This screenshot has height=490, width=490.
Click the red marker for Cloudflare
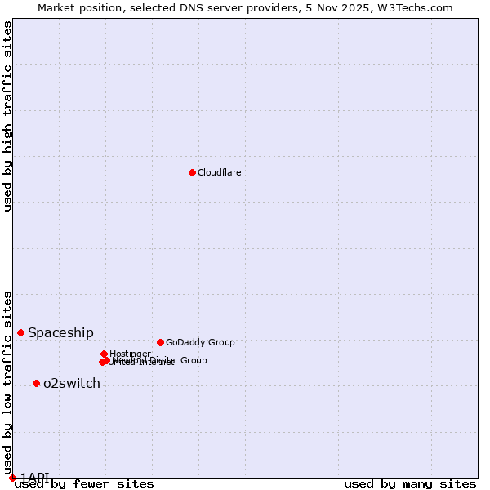pyautogui.click(x=192, y=172)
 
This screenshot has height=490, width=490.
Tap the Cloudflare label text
pyautogui.click(x=219, y=172)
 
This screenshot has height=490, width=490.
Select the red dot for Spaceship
pyautogui.click(x=21, y=332)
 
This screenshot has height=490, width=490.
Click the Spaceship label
pyautogui.click(x=60, y=332)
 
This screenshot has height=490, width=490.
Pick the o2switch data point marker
pyautogui.click(x=36, y=383)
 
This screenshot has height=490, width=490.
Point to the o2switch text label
pyautogui.click(x=71, y=383)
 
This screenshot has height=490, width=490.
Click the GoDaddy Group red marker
pyautogui.click(x=160, y=342)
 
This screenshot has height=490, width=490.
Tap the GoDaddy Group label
pyautogui.click(x=200, y=342)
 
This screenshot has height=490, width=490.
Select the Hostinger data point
pyautogui.click(x=105, y=354)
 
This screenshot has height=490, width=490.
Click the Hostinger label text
pyautogui.click(x=130, y=354)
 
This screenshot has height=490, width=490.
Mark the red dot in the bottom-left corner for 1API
pyautogui.click(x=12, y=478)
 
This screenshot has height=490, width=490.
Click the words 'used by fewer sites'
pyautogui.click(x=84, y=483)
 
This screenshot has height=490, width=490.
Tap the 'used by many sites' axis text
pyautogui.click(x=410, y=483)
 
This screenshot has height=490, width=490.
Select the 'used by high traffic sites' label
pyautogui.click(x=8, y=116)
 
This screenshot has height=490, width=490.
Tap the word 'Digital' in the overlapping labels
pyautogui.click(x=163, y=360)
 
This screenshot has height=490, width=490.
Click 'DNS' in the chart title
pyautogui.click(x=178, y=7)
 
